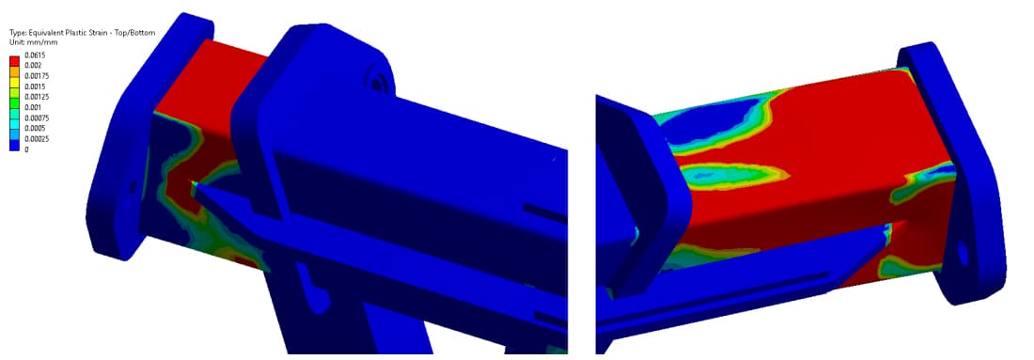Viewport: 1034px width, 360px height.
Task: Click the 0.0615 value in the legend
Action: tap(33, 55)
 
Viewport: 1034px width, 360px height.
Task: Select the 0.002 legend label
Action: tap(32, 66)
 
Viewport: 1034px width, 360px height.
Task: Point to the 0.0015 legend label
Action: tap(33, 87)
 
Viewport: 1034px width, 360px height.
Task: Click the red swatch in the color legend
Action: tap(14, 61)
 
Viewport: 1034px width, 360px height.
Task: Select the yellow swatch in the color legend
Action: tap(14, 82)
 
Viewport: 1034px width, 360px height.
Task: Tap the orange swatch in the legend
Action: tap(14, 71)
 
